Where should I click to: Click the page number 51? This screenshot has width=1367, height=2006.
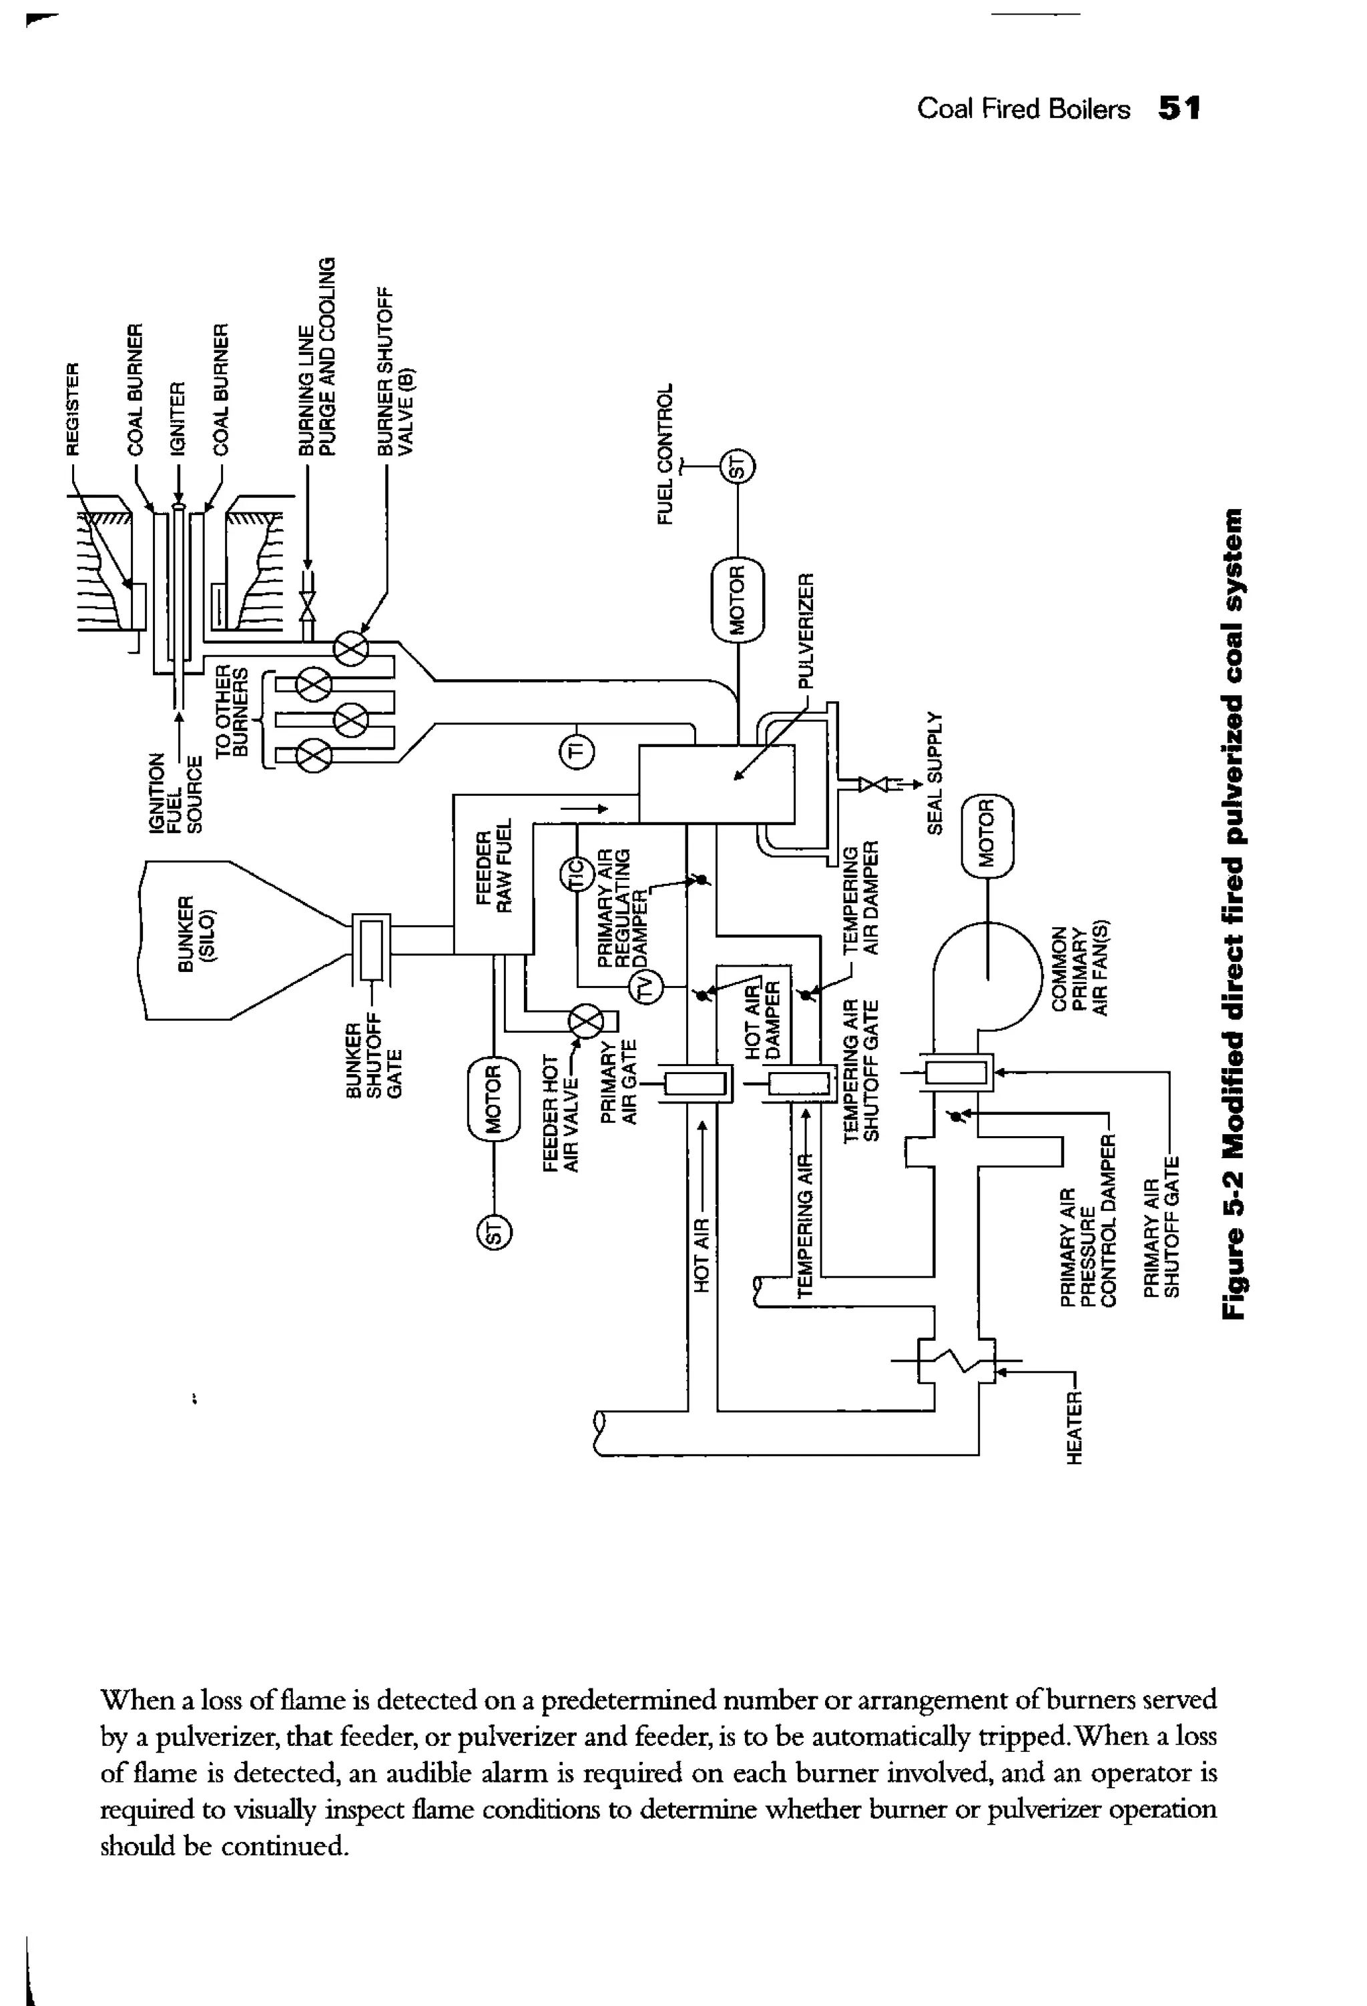pyautogui.click(x=1178, y=109)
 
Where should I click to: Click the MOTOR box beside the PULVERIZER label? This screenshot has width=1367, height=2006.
pyautogui.click(x=738, y=600)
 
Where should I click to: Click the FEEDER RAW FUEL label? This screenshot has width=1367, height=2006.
pyautogui.click(x=497, y=870)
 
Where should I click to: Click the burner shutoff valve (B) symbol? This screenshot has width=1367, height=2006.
pyautogui.click(x=352, y=648)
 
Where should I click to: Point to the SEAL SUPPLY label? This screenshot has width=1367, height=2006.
pyautogui.click(x=934, y=773)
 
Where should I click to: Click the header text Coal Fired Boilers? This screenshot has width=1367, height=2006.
pyautogui.click(x=1023, y=109)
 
